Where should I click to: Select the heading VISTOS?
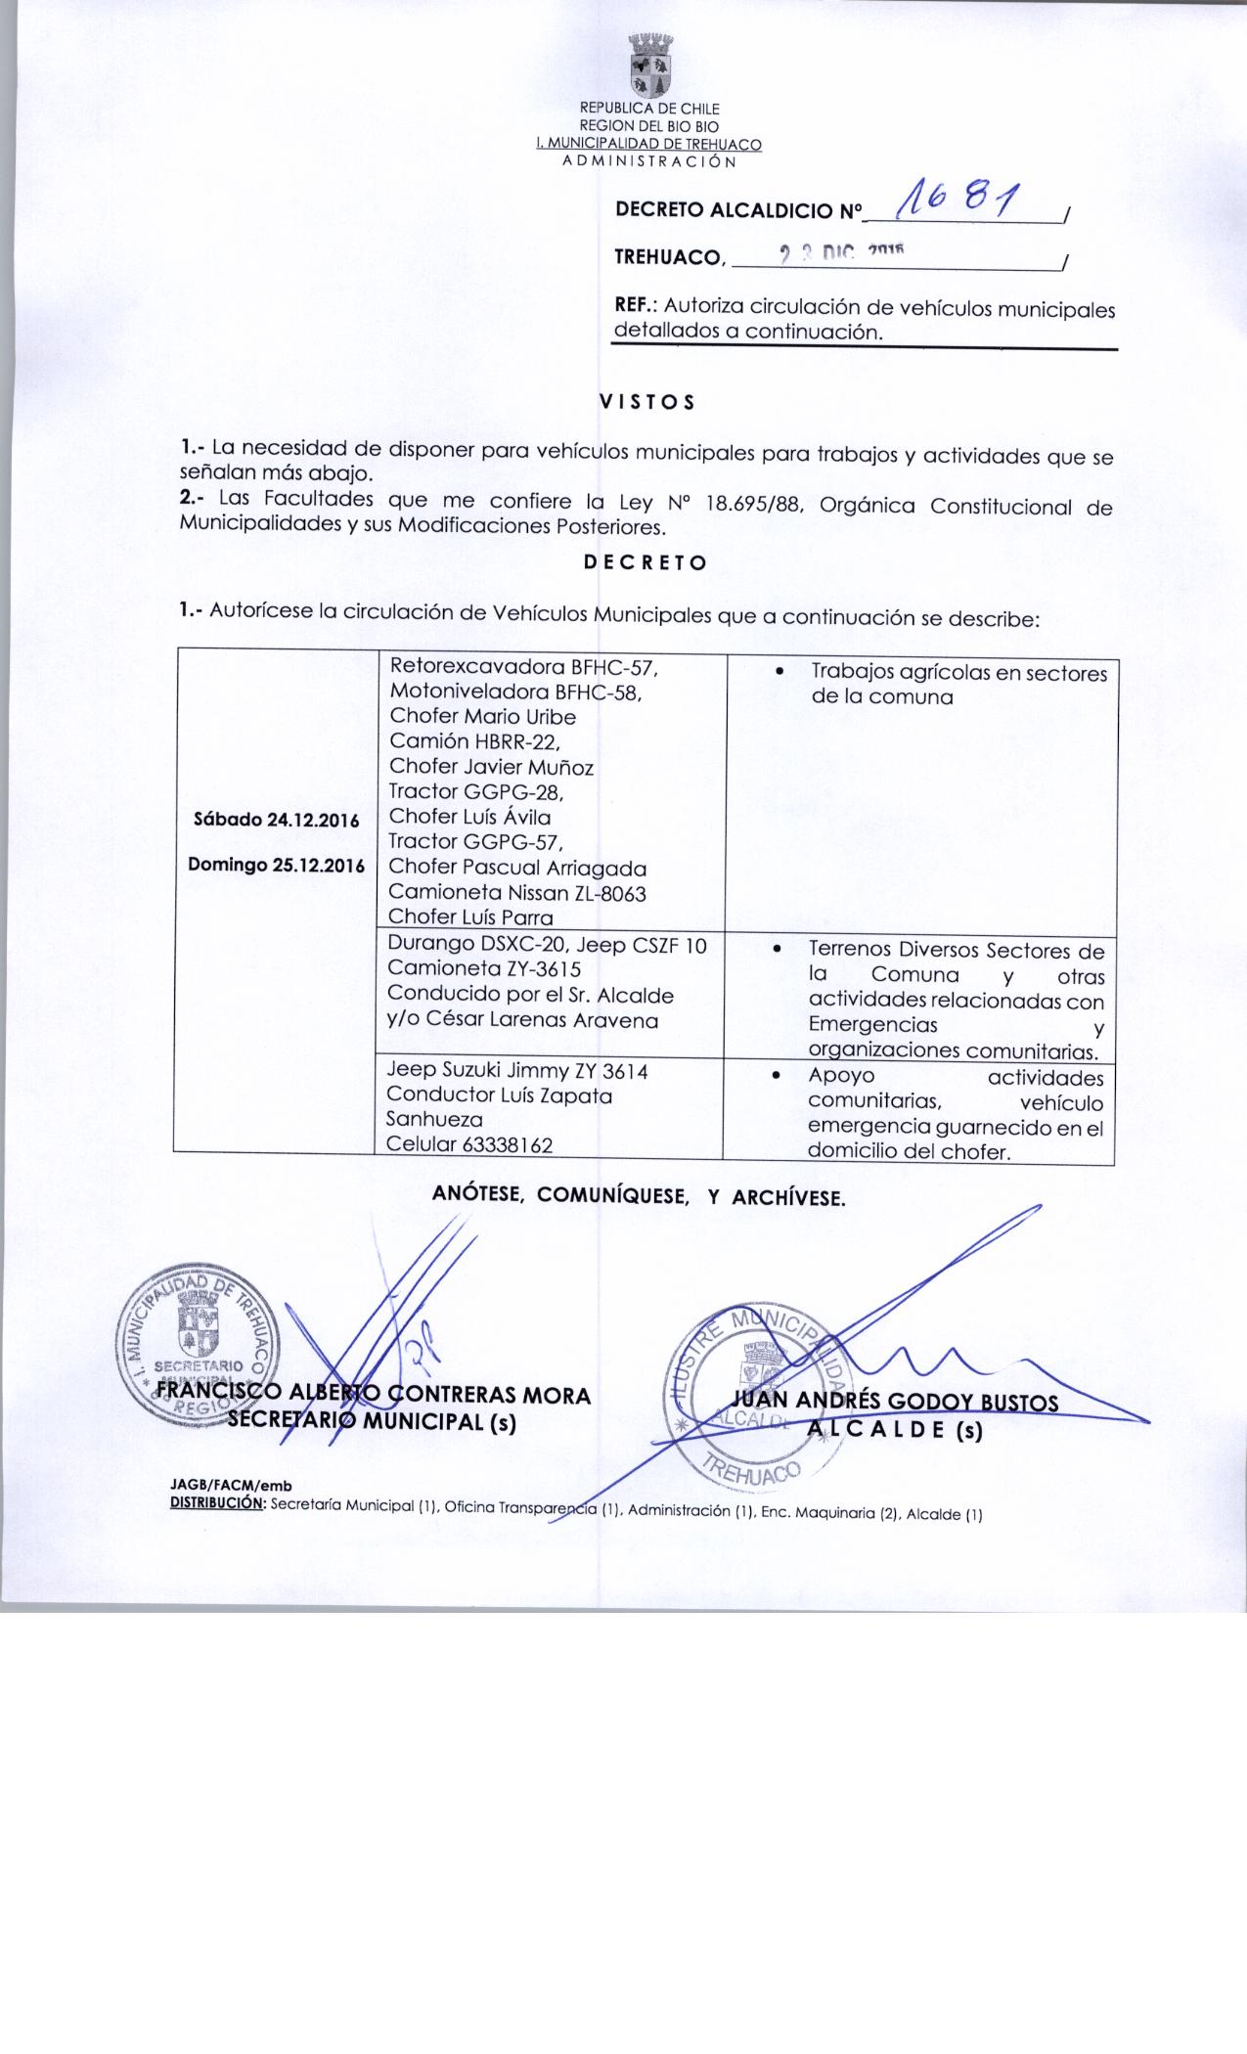646,401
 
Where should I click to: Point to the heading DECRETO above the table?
645,562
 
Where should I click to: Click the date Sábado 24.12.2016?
271,820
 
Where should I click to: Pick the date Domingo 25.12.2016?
276,866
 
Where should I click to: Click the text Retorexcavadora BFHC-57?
522,667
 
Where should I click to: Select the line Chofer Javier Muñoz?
491,767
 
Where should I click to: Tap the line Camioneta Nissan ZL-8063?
517,892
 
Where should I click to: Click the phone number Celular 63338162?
470,1144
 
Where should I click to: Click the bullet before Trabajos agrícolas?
779,672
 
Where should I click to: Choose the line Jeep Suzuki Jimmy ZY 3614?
517,1071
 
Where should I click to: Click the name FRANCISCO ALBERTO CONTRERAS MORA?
374,1395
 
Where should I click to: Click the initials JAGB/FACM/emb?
232,1487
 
